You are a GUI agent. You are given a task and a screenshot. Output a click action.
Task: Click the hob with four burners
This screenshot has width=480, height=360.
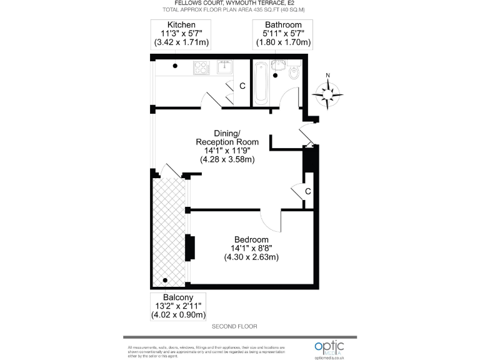(202, 66)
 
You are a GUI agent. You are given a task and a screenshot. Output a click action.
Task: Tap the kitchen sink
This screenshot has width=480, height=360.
(225, 67)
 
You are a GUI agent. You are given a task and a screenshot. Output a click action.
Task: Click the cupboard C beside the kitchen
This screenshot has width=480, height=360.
(242, 86)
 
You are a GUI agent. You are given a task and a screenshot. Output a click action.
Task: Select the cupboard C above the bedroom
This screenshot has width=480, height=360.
(308, 191)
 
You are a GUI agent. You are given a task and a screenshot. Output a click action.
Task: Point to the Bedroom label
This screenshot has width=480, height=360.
(251, 239)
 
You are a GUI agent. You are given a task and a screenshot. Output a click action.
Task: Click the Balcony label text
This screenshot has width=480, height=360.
(177, 297)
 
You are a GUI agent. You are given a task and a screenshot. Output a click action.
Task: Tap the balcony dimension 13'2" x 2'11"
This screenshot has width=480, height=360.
(177, 306)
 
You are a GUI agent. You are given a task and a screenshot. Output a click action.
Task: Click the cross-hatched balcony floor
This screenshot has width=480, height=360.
(169, 231)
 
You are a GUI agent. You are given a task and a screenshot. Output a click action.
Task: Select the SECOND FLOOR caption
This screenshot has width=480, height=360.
(234, 327)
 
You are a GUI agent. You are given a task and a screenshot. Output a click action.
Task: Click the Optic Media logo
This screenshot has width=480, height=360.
(335, 347)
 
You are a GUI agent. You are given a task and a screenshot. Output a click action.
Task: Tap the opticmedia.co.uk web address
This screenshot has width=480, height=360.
(335, 357)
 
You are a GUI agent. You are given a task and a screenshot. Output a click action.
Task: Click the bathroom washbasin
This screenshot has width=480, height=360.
(279, 65)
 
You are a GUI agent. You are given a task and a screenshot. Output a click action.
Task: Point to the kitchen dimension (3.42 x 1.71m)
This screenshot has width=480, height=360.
(181, 42)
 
